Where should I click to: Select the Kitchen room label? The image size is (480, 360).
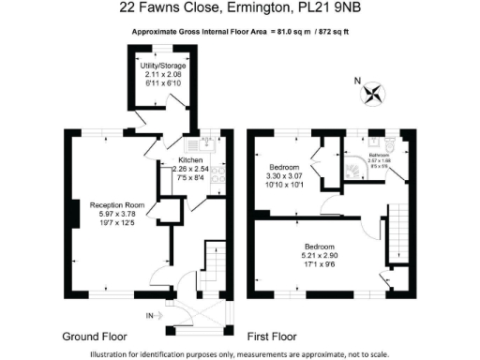click(191, 160)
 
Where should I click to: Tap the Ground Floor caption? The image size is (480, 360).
click(95, 335)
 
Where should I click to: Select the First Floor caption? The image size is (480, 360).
click(271, 335)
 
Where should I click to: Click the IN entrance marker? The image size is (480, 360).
click(149, 316)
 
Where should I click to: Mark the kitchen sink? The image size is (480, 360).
click(200, 144)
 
